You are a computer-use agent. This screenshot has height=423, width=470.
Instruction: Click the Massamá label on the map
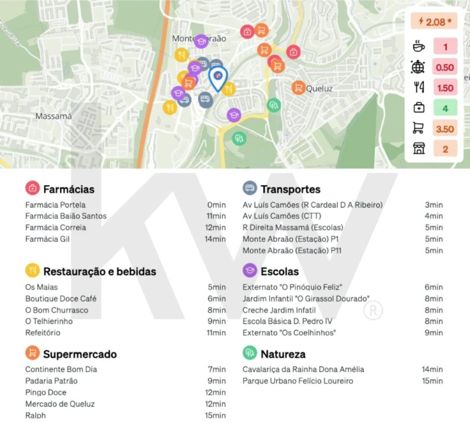click(x=53, y=116)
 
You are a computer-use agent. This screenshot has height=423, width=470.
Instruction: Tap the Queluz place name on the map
click(x=320, y=89)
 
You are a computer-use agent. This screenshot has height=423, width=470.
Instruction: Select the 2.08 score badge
click(x=435, y=22)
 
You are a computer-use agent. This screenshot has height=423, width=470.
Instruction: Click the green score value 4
click(x=445, y=108)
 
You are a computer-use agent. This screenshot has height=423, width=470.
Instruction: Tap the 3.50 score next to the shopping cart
click(x=445, y=129)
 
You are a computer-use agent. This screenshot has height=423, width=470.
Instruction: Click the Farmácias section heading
click(x=69, y=189)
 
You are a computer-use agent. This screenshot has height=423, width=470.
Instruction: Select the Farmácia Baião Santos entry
click(x=66, y=216)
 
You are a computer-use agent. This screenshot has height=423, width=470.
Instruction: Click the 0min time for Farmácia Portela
click(x=216, y=205)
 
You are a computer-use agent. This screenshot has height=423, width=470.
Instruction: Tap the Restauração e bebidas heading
click(x=100, y=271)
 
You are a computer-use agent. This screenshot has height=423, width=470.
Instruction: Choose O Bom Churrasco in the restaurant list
click(x=56, y=310)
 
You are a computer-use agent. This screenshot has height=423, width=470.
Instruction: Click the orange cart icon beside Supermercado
click(x=32, y=354)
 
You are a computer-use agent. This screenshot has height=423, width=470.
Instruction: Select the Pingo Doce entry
click(x=46, y=392)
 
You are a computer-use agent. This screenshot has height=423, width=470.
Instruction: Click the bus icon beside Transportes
click(x=250, y=189)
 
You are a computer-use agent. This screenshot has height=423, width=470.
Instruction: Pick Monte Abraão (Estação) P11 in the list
click(x=293, y=250)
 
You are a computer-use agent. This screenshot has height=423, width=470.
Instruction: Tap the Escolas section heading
click(x=280, y=271)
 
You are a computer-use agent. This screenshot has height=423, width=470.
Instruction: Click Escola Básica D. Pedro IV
click(x=287, y=321)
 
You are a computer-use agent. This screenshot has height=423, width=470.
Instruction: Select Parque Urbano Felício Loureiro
click(x=298, y=381)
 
